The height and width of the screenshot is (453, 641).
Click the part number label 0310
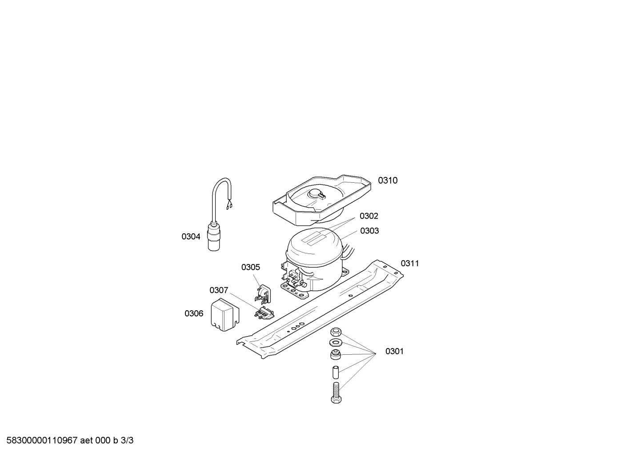(388, 180)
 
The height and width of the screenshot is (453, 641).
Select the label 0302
(369, 216)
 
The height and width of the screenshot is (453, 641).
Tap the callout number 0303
(369, 231)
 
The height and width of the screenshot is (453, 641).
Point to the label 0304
(191, 237)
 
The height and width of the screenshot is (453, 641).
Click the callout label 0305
(251, 267)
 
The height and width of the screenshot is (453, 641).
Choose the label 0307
(219, 290)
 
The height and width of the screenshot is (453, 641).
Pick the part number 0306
(194, 314)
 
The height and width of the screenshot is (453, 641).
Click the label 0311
(410, 264)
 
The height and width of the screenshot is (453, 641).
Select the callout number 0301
(394, 351)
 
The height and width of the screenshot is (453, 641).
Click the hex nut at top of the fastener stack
(336, 332)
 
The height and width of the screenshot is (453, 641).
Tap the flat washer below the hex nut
(335, 342)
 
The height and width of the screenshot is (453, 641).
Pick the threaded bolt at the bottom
(336, 393)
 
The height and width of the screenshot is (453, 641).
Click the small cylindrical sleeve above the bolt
(335, 372)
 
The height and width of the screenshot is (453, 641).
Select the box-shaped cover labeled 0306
(225, 315)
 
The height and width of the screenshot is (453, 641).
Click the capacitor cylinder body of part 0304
(214, 237)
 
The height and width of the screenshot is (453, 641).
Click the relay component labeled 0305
(263, 294)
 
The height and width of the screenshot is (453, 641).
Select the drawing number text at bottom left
(70, 441)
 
